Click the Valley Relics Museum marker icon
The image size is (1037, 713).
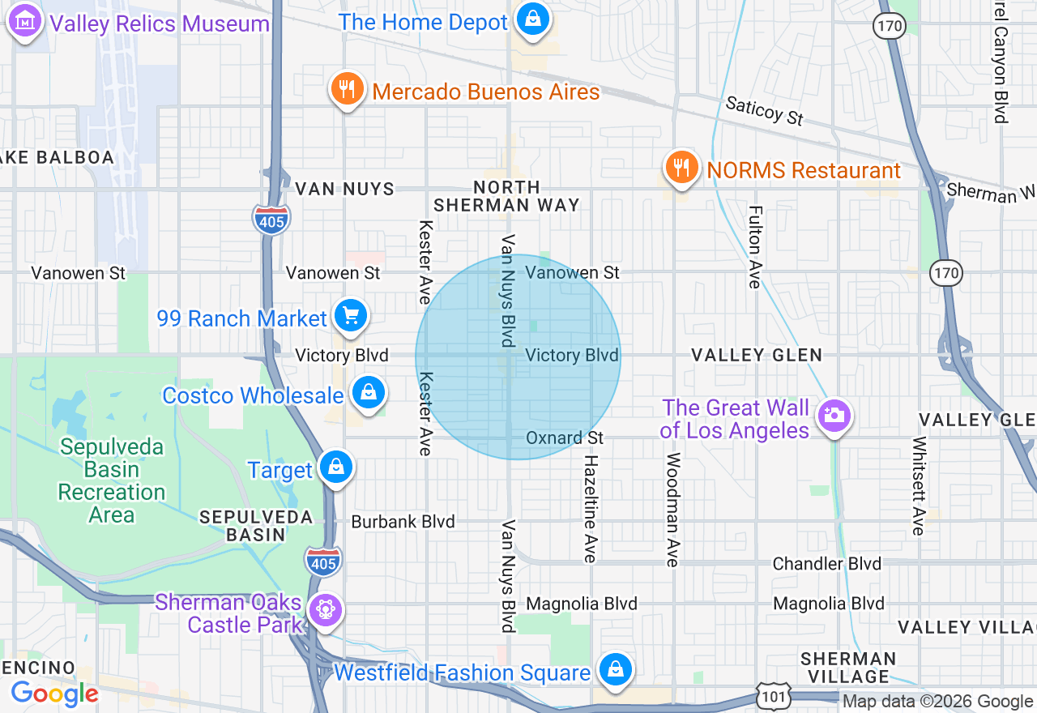click(x=25, y=22)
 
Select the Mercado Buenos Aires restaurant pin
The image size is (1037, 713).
click(x=348, y=89)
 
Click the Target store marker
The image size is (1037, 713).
click(x=335, y=468)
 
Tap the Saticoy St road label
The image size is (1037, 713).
click(x=764, y=110)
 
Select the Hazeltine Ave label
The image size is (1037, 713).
click(x=591, y=508)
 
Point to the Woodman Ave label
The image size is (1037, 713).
click(x=672, y=509)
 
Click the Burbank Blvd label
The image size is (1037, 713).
click(x=403, y=522)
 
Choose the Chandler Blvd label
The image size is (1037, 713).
click(x=826, y=563)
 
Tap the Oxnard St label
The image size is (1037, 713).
click(x=565, y=438)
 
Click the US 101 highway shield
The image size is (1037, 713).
click(x=770, y=694)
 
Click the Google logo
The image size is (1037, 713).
click(x=54, y=694)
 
